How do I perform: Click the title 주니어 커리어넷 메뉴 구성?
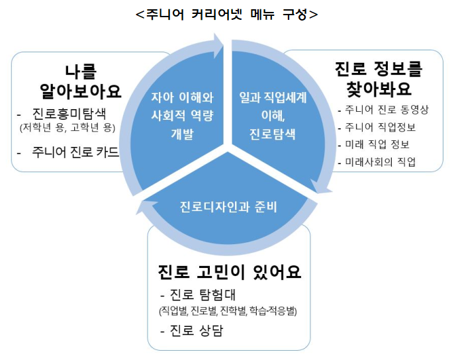(x=226, y=13)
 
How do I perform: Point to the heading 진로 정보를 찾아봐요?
(x=379, y=78)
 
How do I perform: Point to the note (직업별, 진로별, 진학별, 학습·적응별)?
(x=227, y=310)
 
